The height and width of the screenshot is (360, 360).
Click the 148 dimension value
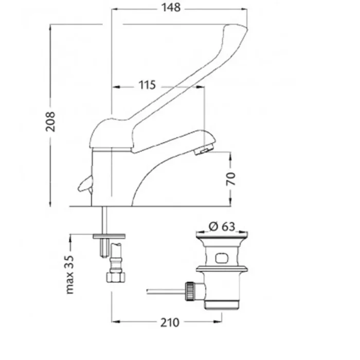[x=171, y=8]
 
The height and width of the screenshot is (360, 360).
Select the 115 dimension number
[x=148, y=85]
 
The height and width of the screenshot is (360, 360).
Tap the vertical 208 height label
[x=50, y=121]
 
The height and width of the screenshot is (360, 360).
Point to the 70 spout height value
[x=231, y=179]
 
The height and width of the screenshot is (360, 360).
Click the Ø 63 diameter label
[x=222, y=226]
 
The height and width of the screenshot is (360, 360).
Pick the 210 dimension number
[x=170, y=322]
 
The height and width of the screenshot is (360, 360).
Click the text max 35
[x=70, y=275]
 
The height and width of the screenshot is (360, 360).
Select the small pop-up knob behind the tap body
[x=85, y=184]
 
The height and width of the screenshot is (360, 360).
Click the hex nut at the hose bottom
[x=116, y=277]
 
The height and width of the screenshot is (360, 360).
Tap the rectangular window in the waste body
[x=221, y=258]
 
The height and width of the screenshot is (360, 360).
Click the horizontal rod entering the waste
[x=166, y=292]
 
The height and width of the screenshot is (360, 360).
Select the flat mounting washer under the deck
[x=109, y=236]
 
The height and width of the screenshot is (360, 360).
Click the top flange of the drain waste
[x=222, y=235]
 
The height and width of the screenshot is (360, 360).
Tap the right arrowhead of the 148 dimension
[x=244, y=9]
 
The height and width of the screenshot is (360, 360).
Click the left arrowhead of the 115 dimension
[x=116, y=87]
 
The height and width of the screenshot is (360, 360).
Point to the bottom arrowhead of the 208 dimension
[x=50, y=203]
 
